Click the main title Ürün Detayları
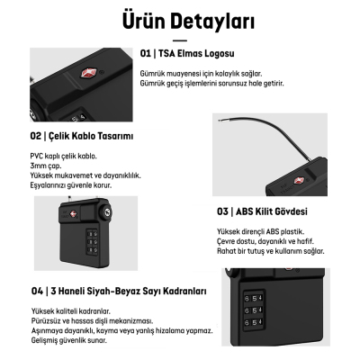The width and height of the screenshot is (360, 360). pos(180,20)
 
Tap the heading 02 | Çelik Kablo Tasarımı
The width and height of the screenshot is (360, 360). pos(82,136)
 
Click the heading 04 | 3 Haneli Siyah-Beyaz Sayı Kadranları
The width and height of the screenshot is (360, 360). pos(120,292)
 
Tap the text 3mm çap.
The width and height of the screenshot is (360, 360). pos(46,166)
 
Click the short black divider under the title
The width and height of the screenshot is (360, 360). pos(180,40)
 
